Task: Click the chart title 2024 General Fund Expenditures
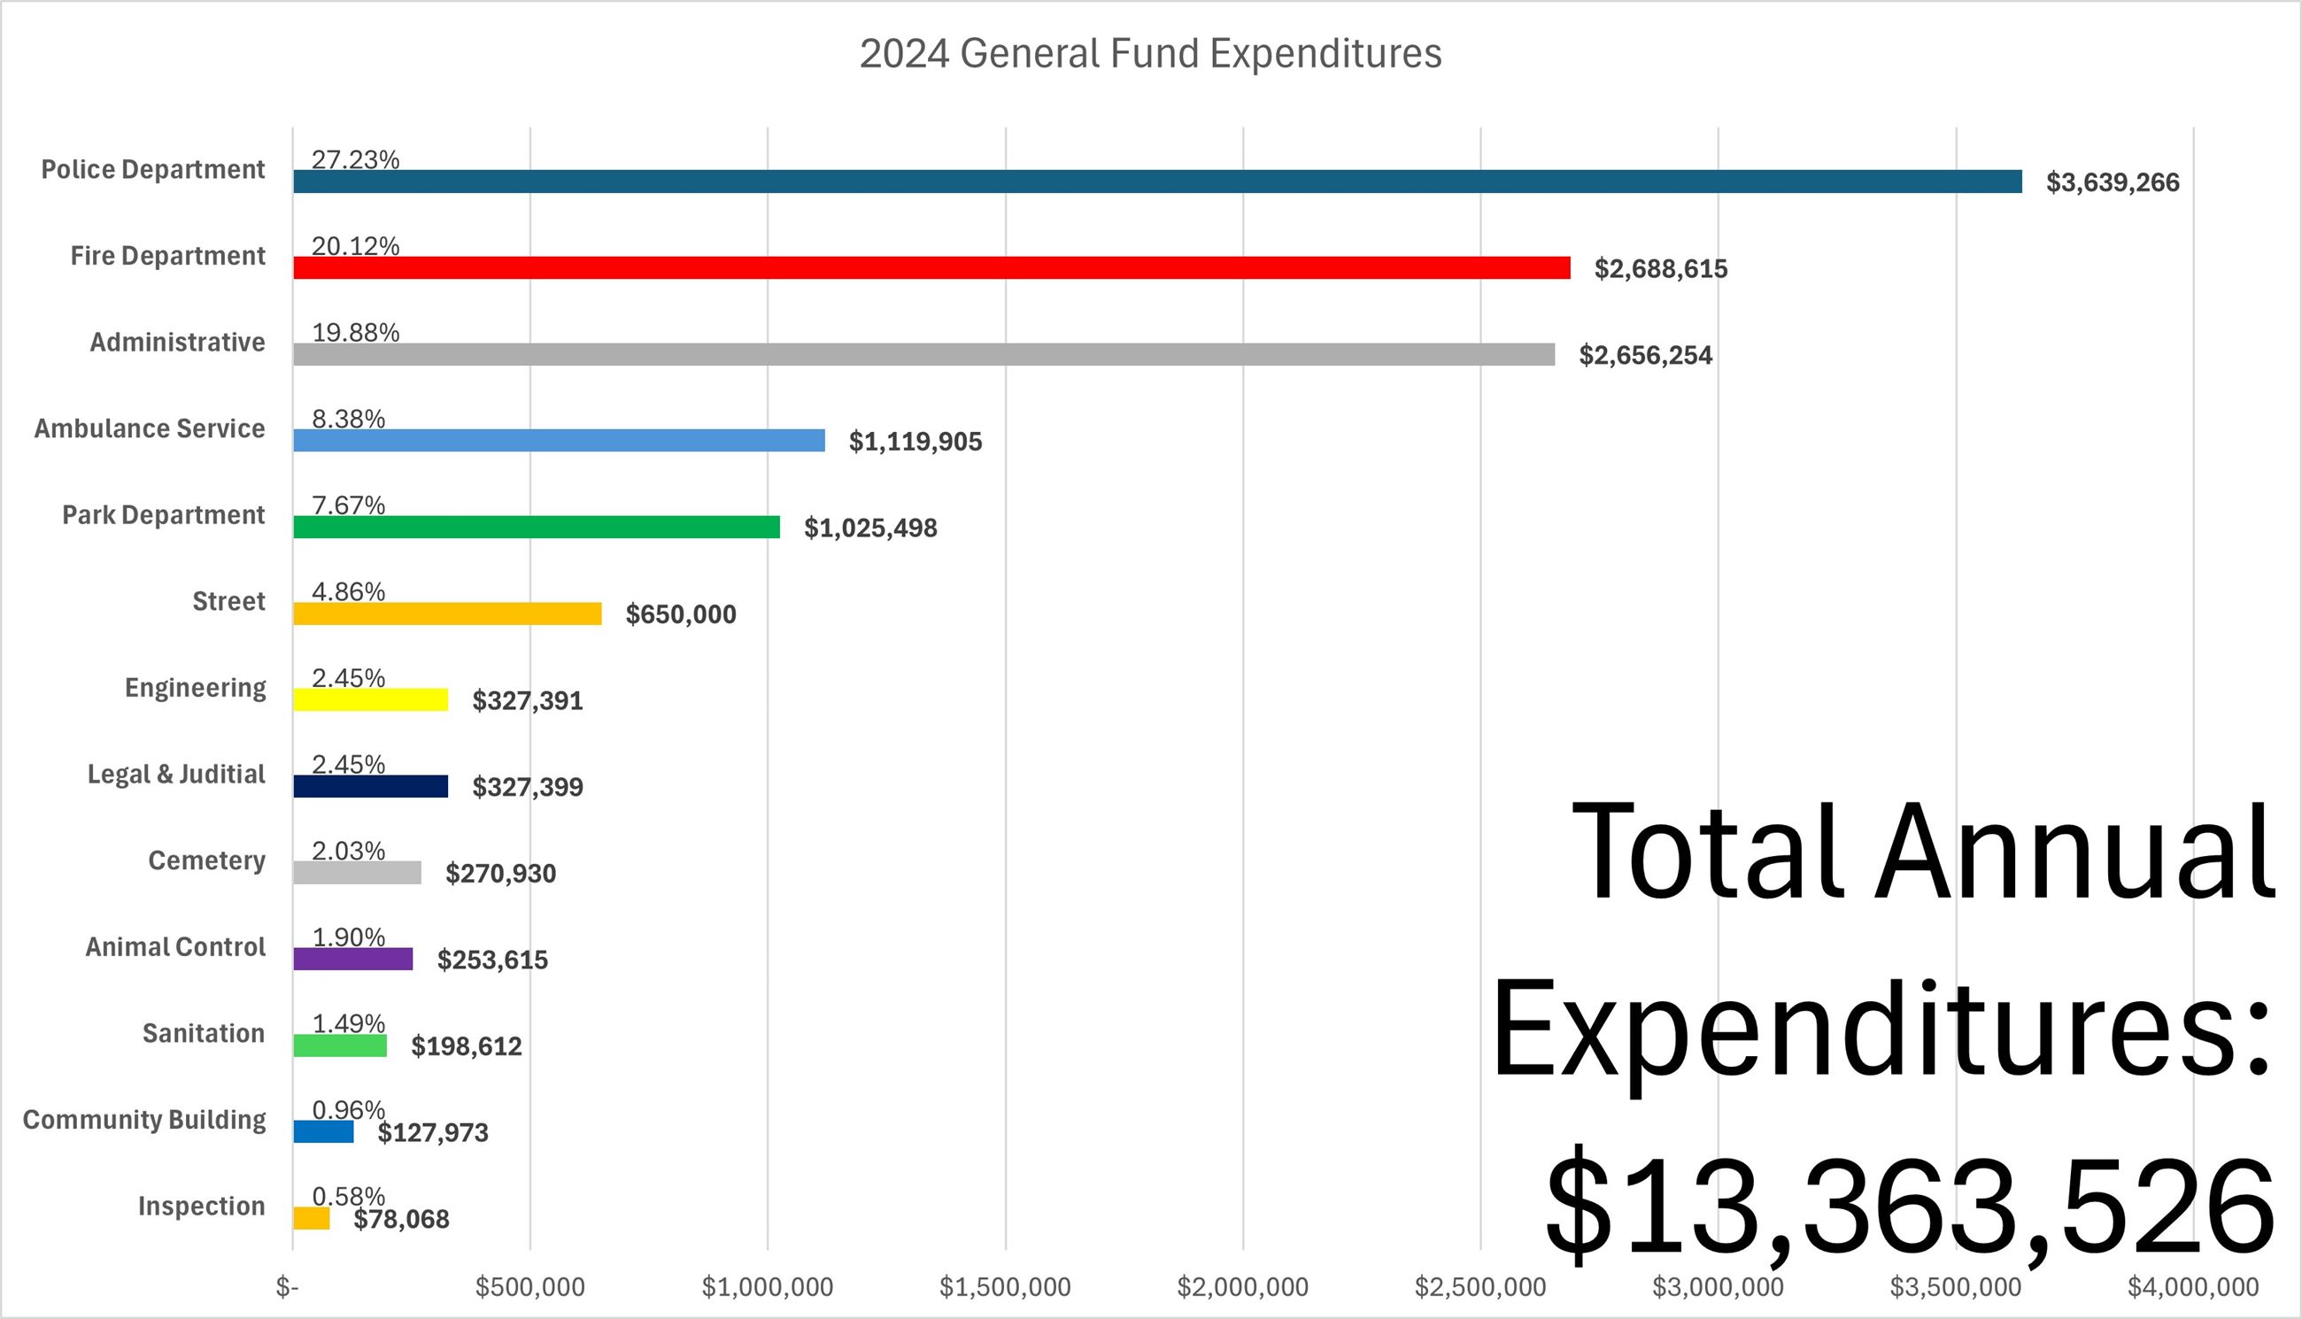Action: (1149, 53)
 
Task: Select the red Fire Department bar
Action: (931, 268)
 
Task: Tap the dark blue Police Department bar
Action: (1157, 182)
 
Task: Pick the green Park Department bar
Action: (537, 528)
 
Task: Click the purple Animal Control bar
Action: (352, 960)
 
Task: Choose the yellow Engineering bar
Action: (370, 700)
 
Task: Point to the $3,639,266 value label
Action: (2112, 183)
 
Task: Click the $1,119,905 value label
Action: (915, 442)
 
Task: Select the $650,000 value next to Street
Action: (680, 614)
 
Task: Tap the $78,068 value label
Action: (401, 1219)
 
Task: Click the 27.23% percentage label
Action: (355, 159)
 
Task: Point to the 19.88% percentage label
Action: (355, 333)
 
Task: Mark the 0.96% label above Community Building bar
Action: (349, 1110)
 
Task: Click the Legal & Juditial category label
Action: (176, 775)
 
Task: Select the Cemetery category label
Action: (206, 860)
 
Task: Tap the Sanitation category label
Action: (203, 1034)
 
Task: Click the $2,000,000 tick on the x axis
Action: (1242, 1287)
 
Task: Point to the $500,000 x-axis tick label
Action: (530, 1287)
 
